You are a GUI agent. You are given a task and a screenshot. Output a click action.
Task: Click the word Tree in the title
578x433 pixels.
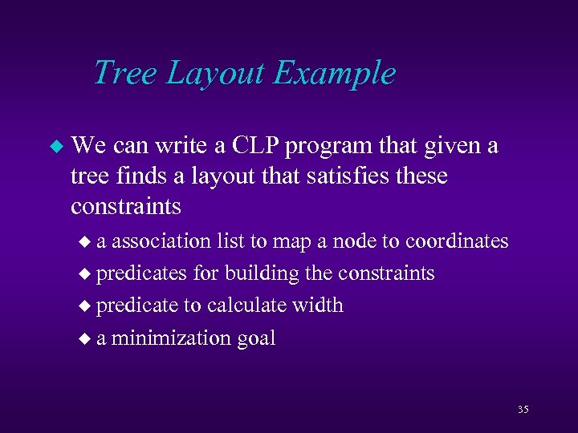tap(126, 72)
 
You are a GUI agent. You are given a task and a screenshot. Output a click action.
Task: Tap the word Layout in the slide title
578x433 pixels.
tap(216, 74)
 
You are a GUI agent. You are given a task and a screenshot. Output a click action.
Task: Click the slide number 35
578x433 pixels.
tap(523, 410)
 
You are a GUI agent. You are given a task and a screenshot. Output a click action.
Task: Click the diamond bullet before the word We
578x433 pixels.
tap(55, 147)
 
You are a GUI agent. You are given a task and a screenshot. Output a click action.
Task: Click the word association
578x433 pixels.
tap(161, 241)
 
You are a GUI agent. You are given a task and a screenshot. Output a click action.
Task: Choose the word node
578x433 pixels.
tap(365, 241)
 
